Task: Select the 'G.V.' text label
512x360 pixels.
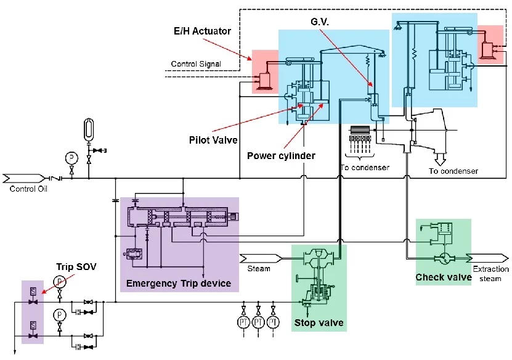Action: coord(322,21)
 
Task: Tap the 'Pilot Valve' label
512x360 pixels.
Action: coord(213,141)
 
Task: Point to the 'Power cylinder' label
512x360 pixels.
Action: coord(281,155)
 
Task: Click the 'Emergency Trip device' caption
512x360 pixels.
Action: coord(178,284)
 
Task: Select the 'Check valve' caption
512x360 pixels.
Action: coord(444,277)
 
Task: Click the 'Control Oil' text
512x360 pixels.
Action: coord(28,189)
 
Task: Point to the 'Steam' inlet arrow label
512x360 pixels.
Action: coord(259,268)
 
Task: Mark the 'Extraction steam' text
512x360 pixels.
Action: coord(491,274)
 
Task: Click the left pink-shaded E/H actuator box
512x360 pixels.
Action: coord(265,71)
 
